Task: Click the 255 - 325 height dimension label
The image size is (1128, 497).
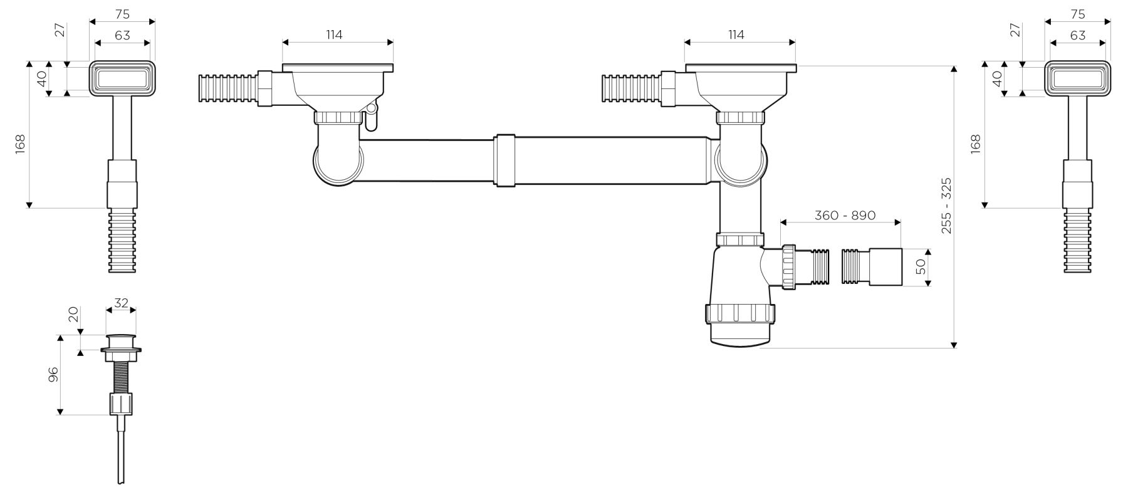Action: [x=946, y=206]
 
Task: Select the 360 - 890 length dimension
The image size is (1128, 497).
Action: [x=845, y=215]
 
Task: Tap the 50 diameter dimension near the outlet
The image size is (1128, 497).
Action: [x=921, y=268]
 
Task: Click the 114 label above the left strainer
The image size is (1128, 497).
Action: [x=334, y=34]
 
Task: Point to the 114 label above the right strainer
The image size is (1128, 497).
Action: [x=736, y=34]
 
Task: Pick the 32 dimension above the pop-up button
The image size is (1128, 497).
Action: [x=121, y=303]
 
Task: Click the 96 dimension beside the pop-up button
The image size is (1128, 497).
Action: [x=53, y=374]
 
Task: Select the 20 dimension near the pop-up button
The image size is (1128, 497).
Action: [x=74, y=314]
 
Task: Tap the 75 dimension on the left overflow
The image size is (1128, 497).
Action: [x=122, y=14]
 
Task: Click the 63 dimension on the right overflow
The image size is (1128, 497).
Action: [x=1077, y=35]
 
